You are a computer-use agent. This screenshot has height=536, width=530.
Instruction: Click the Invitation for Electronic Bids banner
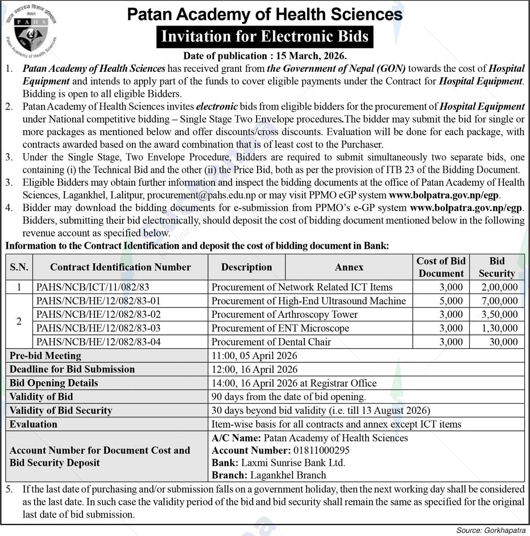tap(265, 36)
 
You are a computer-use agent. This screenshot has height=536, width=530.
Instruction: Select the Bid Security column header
tap(496, 267)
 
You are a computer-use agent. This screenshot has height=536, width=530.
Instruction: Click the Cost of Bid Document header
tap(441, 267)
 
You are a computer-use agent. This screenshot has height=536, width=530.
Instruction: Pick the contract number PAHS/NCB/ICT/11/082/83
tap(92, 287)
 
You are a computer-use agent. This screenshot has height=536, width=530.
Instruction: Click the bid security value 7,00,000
tap(499, 301)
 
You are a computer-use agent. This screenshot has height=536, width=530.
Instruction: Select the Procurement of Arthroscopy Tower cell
tap(285, 315)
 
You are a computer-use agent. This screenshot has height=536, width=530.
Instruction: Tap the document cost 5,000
tap(451, 301)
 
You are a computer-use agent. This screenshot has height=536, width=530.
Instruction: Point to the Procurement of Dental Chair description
tap(271, 342)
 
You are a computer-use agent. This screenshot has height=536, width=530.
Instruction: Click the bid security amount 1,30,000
tap(499, 328)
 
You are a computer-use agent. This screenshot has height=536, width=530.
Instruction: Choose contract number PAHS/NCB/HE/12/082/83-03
tap(98, 328)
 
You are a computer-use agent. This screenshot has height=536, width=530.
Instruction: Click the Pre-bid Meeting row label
tap(45, 356)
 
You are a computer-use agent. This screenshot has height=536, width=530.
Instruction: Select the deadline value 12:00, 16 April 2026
tap(254, 369)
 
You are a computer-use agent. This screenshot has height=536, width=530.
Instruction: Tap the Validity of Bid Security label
tap(61, 410)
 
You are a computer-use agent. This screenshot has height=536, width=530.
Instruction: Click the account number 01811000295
tap(321, 450)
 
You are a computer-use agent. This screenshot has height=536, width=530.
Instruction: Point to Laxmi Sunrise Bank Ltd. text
tap(293, 463)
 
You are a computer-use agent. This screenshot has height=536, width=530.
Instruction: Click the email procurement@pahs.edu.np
tap(201, 195)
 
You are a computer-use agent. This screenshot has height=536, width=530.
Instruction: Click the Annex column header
tap(349, 267)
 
